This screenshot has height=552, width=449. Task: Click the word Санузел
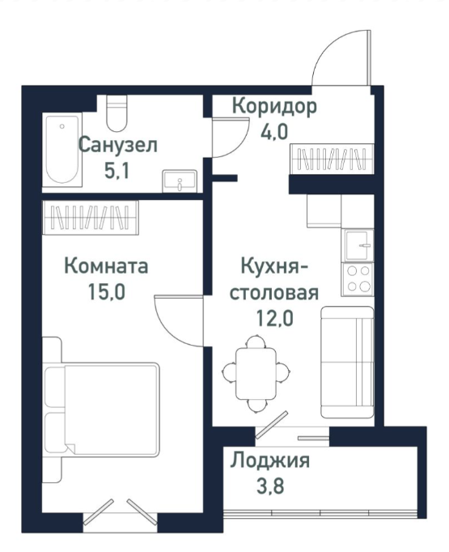coord(117,146)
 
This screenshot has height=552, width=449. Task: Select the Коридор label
coord(274,106)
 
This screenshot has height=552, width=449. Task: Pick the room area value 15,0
coord(106,291)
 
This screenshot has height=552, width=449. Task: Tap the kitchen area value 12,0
coord(272,316)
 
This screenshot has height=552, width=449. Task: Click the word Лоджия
coord(270,461)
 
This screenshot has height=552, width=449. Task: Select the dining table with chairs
coord(256,371)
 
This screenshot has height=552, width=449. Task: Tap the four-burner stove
coord(358,279)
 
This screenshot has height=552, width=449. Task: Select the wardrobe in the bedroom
coord(90,217)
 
